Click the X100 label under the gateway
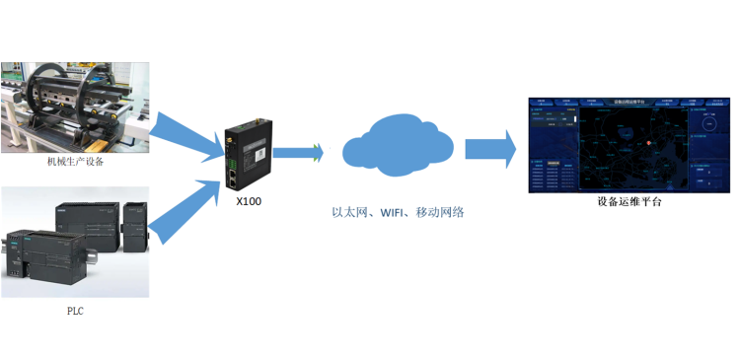click(249, 200)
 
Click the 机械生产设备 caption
click(75, 163)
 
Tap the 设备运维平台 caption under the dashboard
click(629, 202)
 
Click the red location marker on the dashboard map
click(649, 145)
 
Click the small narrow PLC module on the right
click(135, 225)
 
